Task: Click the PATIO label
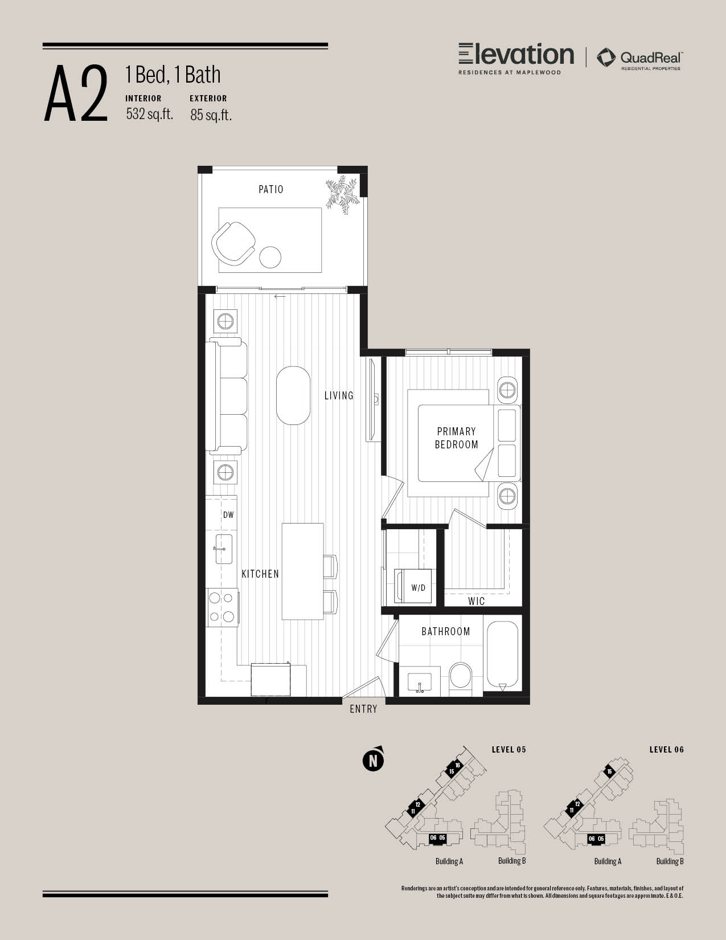[x=270, y=189]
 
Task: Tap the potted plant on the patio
[x=342, y=194]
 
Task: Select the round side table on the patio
[x=270, y=257]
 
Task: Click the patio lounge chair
[x=233, y=243]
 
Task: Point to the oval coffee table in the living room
[x=293, y=395]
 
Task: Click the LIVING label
[x=339, y=395]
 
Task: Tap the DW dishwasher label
[x=228, y=515]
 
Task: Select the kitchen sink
[x=224, y=549]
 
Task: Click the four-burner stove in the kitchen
[x=222, y=607]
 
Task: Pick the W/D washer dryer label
[x=418, y=588]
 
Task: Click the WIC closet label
[x=477, y=601]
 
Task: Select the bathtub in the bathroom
[x=502, y=657]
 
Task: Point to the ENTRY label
[x=364, y=709]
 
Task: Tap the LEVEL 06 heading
[x=666, y=750]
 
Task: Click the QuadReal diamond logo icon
[x=606, y=58]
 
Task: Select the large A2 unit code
[x=76, y=93]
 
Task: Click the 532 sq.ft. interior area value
[x=150, y=114]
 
